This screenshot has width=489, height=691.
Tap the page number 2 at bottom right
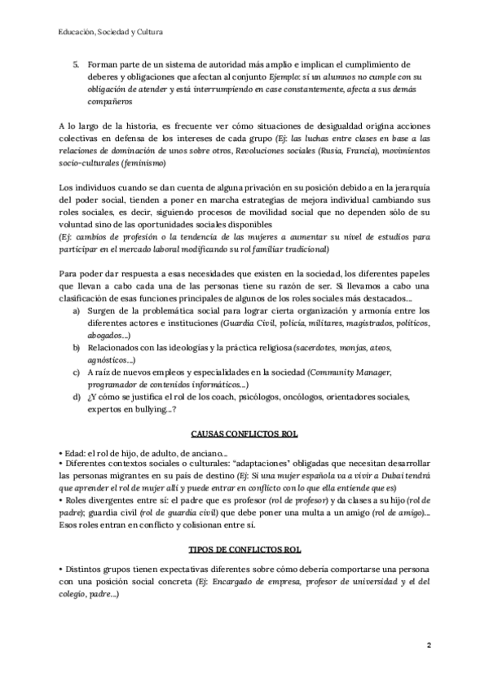point(429,645)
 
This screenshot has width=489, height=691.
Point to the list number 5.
point(76,63)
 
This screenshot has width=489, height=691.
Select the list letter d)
point(76,396)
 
